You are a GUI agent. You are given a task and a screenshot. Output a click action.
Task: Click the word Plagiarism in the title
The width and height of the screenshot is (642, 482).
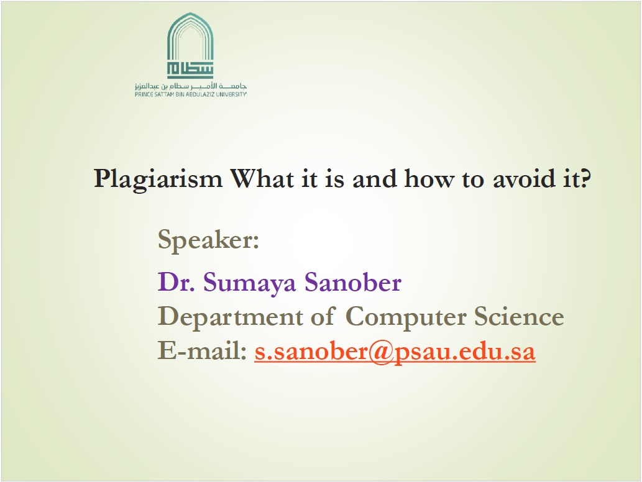tap(158, 180)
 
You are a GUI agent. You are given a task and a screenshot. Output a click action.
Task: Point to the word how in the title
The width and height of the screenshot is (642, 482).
tap(429, 178)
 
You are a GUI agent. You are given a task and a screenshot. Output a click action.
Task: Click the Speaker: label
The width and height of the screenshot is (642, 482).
tap(208, 239)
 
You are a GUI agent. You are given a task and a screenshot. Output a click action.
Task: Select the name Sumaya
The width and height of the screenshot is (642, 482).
tap(249, 283)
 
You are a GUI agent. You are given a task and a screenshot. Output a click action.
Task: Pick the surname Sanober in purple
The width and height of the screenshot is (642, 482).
tap(353, 282)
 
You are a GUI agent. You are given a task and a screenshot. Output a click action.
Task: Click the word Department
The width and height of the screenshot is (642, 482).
tap(230, 317)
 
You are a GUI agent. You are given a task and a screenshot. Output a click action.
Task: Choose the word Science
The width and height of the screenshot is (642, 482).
tap(519, 316)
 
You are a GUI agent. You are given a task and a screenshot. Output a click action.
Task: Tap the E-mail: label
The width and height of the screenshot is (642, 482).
tap(202, 351)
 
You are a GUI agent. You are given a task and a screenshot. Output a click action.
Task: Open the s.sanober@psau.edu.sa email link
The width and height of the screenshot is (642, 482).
tap(395, 352)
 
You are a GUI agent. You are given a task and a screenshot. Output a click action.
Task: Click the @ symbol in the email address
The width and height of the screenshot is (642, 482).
tap(381, 352)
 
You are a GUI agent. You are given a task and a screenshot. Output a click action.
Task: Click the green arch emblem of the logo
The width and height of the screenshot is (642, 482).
tap(190, 45)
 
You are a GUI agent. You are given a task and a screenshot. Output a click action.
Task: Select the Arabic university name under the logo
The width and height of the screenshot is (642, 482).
tap(191, 86)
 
